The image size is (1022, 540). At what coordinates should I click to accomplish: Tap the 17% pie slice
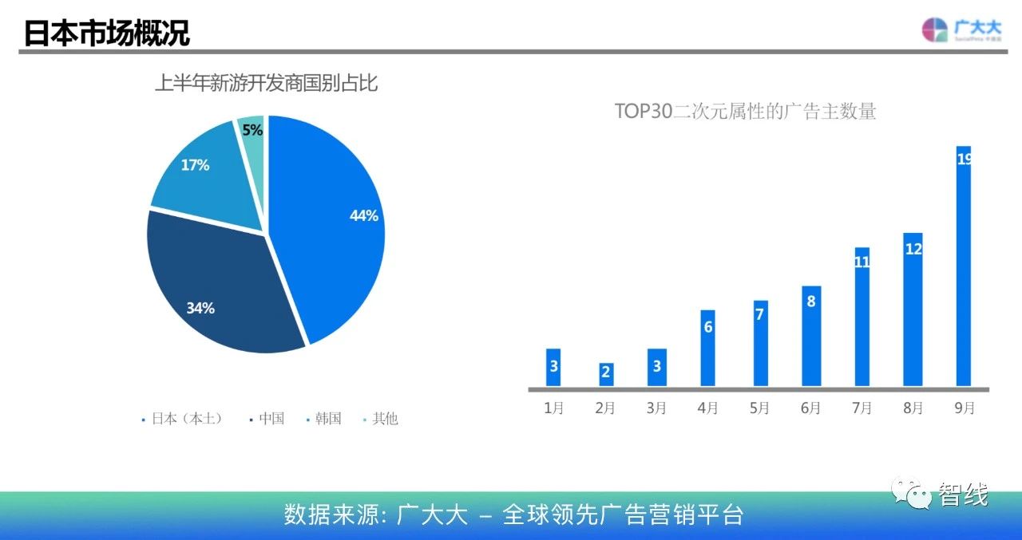205,178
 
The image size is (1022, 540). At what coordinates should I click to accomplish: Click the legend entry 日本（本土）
183,418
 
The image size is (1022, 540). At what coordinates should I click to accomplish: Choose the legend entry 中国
267,418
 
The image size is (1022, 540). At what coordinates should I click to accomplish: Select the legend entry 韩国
324,418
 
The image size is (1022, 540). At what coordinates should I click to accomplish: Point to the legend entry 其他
381,418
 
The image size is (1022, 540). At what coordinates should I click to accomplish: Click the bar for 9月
964,266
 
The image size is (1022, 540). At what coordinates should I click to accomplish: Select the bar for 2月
606,375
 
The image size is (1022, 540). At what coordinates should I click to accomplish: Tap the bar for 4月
707,348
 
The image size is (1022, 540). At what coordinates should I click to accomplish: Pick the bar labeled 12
913,309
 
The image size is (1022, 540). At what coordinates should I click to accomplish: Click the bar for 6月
811,337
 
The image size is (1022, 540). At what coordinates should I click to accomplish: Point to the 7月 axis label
862,408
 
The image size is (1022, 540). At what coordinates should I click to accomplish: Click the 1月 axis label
553,408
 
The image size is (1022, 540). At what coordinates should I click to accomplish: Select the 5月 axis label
759,408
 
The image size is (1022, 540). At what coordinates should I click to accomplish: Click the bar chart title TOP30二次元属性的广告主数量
745,111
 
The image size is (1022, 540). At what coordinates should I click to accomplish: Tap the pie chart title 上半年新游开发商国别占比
267,83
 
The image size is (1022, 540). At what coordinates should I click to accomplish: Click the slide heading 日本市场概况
106,33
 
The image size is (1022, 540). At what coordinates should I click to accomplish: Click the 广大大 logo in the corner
962,30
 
